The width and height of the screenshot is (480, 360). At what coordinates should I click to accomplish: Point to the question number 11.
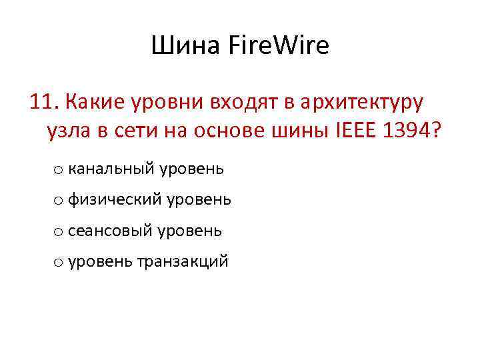tap(43, 101)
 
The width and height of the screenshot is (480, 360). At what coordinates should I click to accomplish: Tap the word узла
tap(69, 132)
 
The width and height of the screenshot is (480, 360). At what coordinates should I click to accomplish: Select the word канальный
tap(111, 169)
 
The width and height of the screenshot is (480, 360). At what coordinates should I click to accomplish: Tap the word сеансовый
tap(110, 231)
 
